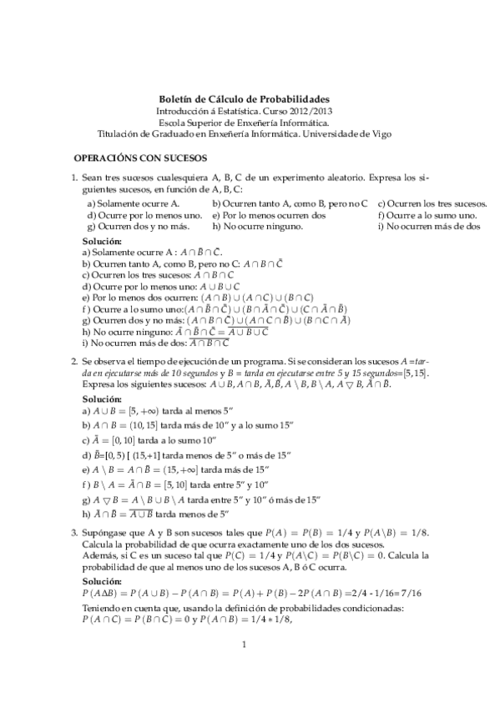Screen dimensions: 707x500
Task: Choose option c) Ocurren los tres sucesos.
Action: click(432, 203)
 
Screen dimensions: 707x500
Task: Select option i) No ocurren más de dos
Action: click(429, 225)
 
